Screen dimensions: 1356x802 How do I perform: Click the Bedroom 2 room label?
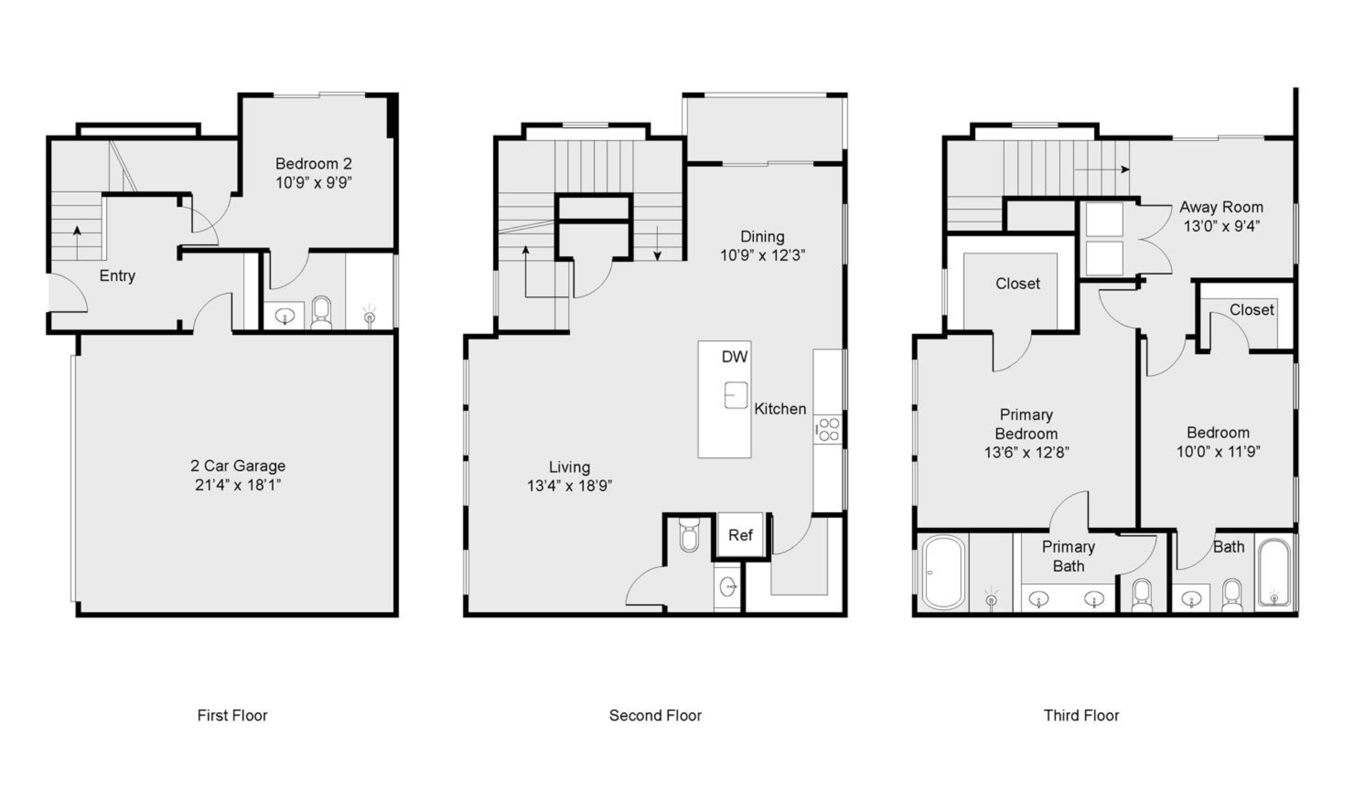tap(314, 163)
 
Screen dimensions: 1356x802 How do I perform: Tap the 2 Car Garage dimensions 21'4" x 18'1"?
tap(238, 485)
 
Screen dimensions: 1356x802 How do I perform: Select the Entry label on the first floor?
tap(117, 276)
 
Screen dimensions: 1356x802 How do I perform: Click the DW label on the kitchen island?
tap(734, 356)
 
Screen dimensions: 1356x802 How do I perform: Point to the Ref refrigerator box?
tap(740, 535)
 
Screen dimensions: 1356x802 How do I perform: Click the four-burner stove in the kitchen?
tap(828, 429)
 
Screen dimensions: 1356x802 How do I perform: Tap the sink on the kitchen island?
tap(736, 395)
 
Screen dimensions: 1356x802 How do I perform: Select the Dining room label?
tap(762, 237)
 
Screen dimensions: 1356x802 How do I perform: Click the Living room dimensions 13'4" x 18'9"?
tap(569, 486)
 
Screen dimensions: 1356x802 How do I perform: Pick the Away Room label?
tap(1221, 207)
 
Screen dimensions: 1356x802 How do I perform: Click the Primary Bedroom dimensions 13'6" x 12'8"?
tap(1026, 453)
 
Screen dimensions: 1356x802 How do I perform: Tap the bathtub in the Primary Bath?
tap(944, 572)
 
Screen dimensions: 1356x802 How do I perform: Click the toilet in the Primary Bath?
tap(1142, 595)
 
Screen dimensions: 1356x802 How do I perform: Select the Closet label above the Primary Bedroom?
tap(1018, 284)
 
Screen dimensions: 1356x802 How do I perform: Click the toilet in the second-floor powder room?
tap(689, 534)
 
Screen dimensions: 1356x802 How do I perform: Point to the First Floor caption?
tap(232, 715)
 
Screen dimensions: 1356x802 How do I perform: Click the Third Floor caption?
tap(1081, 715)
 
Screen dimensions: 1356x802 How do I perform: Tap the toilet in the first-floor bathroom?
tap(321, 313)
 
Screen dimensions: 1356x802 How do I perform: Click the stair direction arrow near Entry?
tap(77, 243)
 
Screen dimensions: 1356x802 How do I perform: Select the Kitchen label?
tap(780, 409)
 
